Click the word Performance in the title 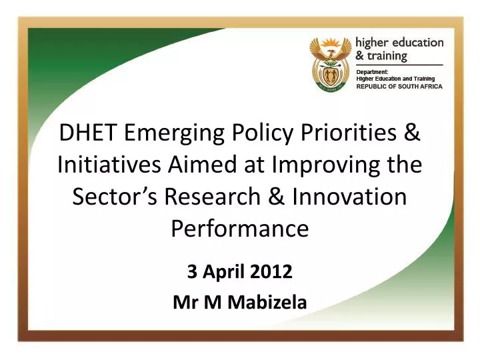pos(240,229)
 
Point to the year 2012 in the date pos(272,271)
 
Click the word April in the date pos(226,272)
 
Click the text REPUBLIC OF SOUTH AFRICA pos(399,87)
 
